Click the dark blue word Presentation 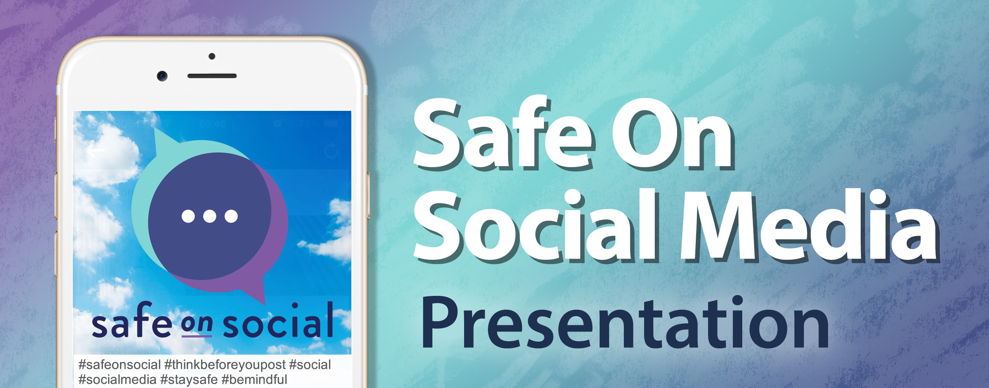[x=625, y=322]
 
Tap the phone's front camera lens [x=162, y=75]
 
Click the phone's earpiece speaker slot [x=212, y=75]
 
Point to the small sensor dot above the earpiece [x=212, y=56]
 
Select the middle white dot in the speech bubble [x=209, y=216]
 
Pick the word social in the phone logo [x=278, y=320]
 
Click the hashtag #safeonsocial [x=120, y=365]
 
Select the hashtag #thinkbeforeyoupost [x=225, y=365]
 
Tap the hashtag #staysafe [x=189, y=380]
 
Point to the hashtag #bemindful [x=254, y=380]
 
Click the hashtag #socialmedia [x=117, y=380]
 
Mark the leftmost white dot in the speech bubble [x=188, y=216]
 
